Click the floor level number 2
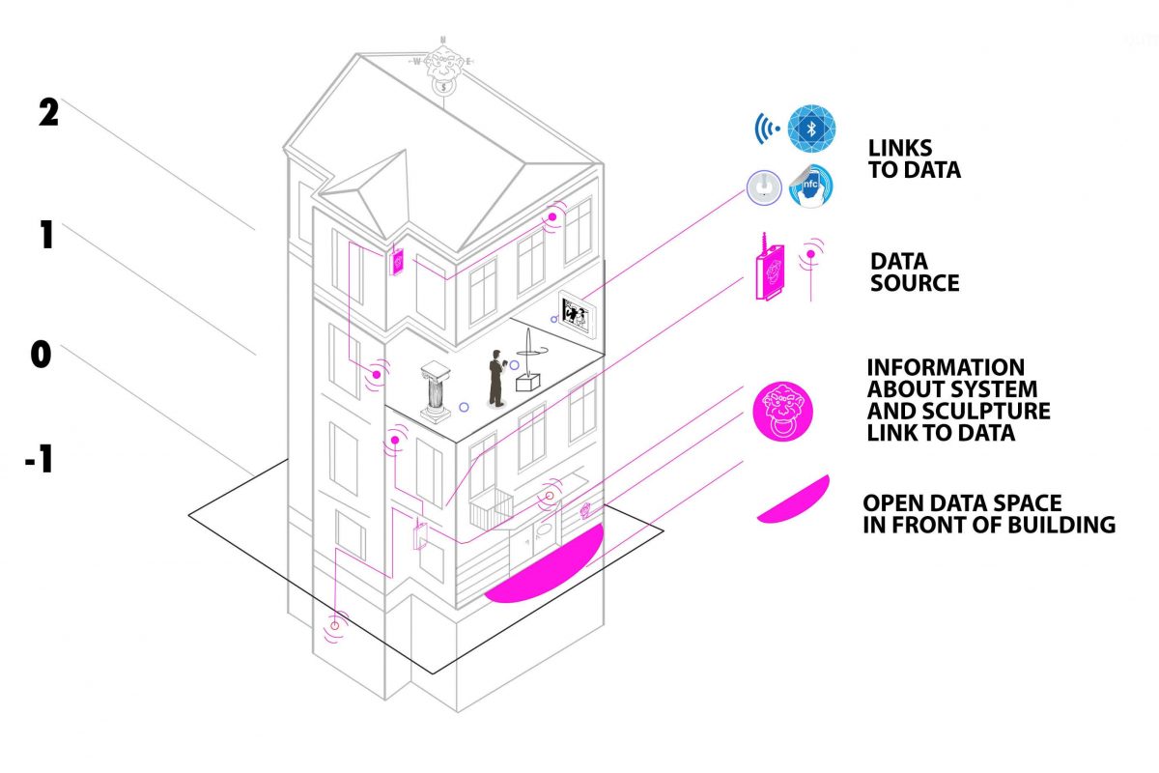click(48, 112)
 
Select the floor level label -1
click(39, 459)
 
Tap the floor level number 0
click(41, 355)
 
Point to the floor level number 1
click(46, 235)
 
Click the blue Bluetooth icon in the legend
click(811, 129)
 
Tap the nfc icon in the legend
click(810, 186)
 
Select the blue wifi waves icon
click(766, 129)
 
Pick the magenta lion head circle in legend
click(782, 412)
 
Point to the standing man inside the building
click(496, 379)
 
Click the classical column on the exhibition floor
click(436, 392)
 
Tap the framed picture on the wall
click(576, 315)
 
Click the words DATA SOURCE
click(915, 272)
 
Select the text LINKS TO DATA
click(915, 159)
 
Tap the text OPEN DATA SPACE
click(962, 502)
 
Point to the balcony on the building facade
click(492, 509)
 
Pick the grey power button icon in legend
click(764, 187)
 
